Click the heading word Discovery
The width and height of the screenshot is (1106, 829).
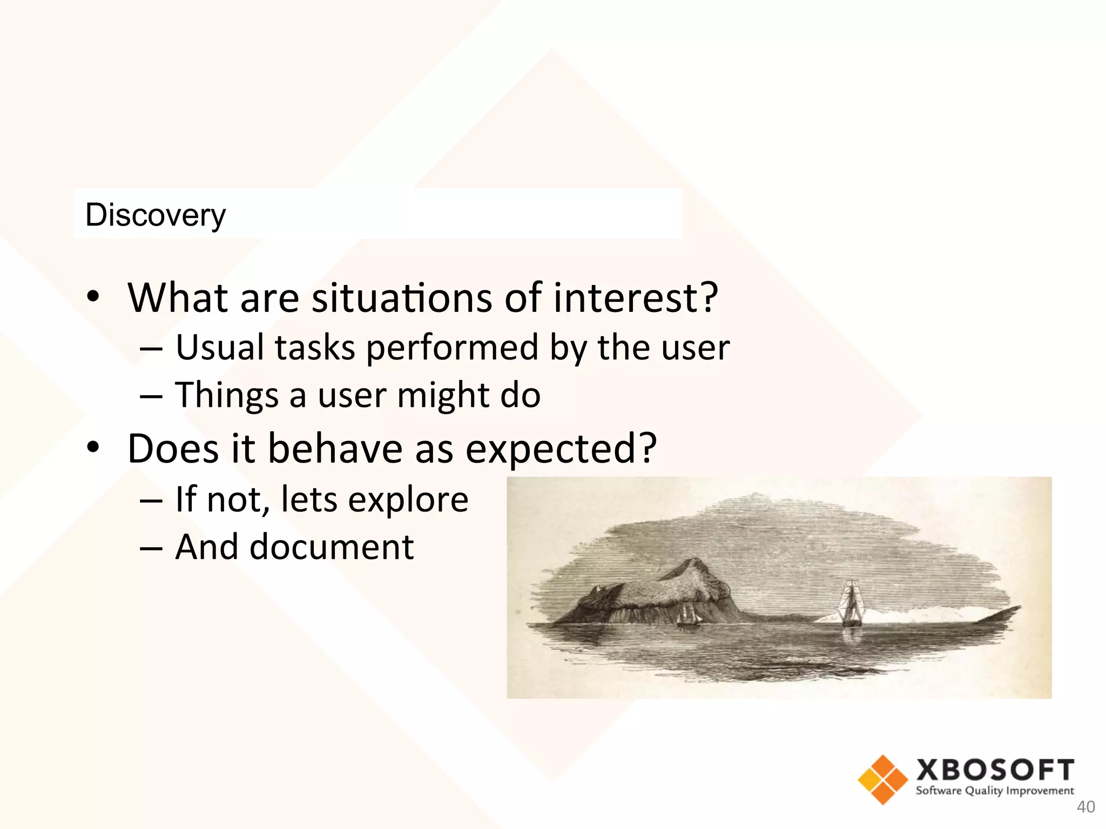click(x=156, y=215)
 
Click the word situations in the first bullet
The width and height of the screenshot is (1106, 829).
click(x=402, y=298)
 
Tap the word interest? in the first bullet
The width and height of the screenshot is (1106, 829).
click(x=636, y=298)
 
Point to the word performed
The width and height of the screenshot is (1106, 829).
click(x=452, y=348)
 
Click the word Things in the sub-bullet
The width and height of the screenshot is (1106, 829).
click(x=227, y=396)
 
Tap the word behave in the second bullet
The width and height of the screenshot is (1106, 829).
click(x=335, y=449)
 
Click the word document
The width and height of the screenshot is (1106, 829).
click(x=332, y=547)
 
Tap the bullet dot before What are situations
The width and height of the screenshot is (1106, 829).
click(x=93, y=296)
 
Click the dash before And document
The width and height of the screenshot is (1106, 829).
click(x=151, y=548)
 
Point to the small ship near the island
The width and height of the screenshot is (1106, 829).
click(x=687, y=615)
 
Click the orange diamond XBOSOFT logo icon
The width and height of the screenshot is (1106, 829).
click(x=882, y=779)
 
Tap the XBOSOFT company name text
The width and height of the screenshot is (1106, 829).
click(x=995, y=770)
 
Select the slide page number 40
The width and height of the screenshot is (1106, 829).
click(x=1085, y=807)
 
